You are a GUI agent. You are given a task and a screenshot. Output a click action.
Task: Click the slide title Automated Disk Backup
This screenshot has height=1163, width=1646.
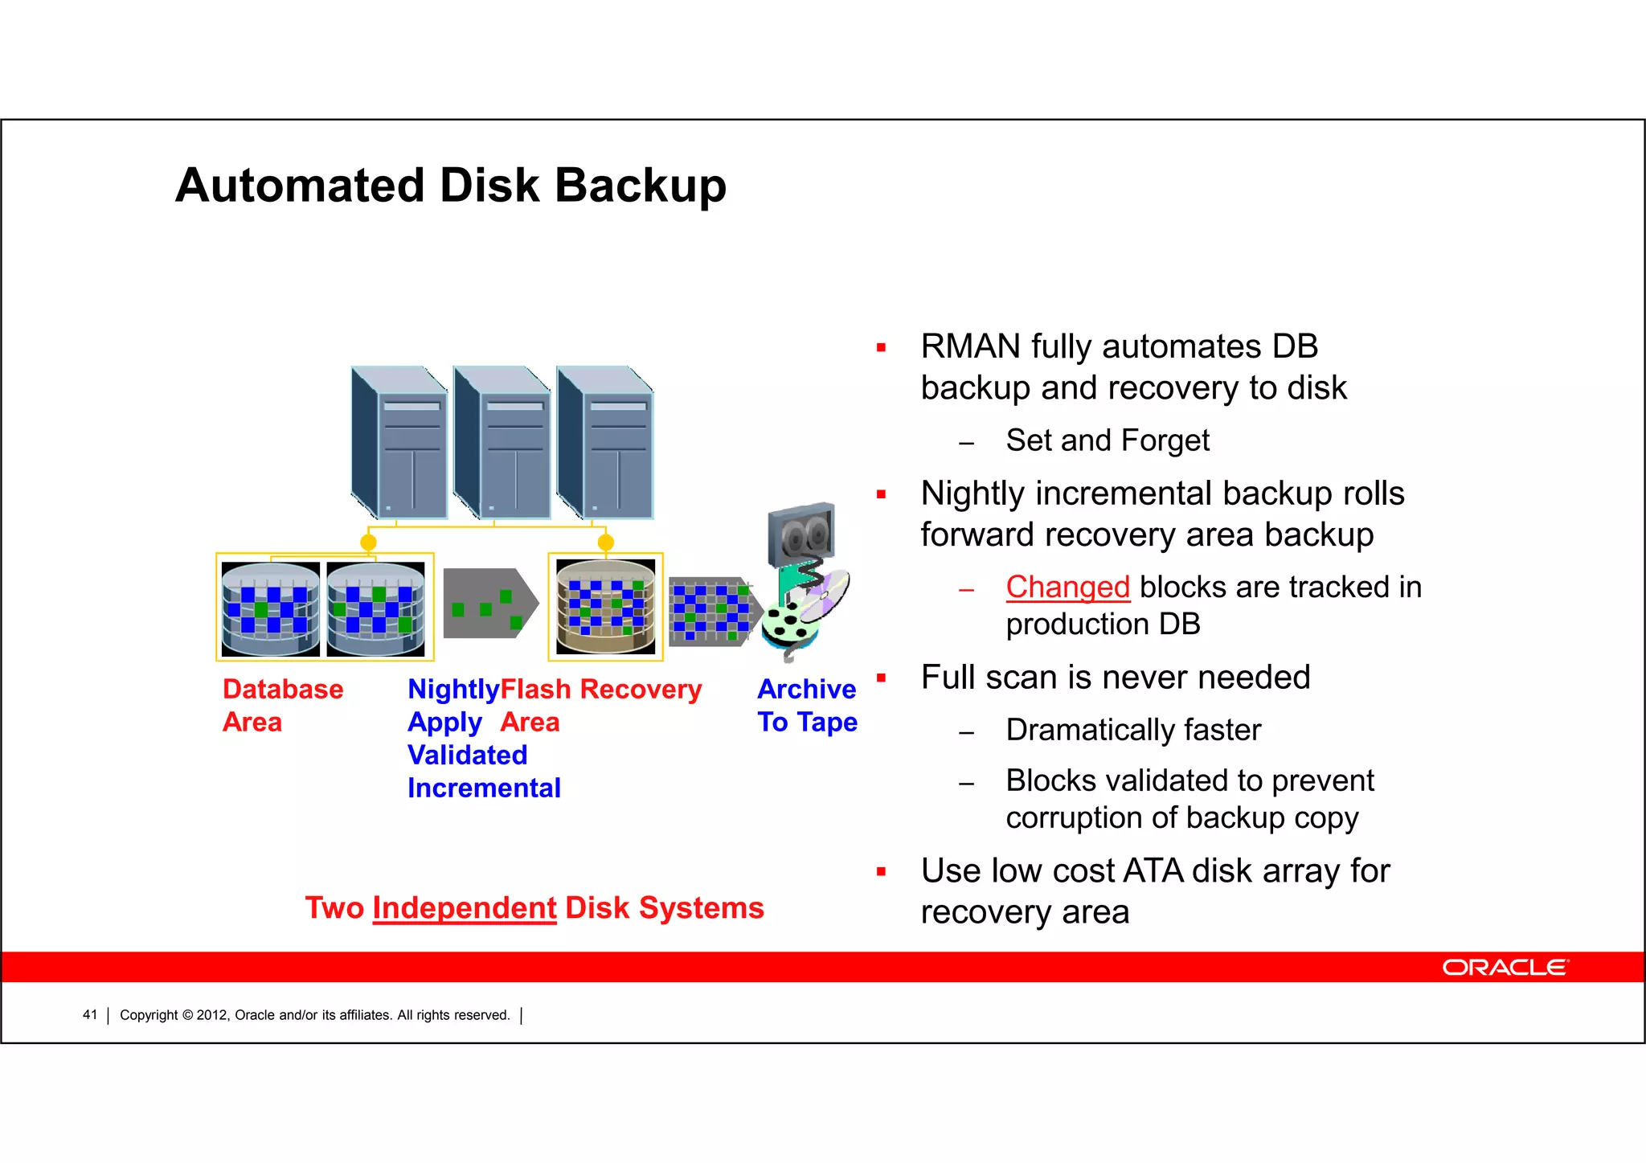click(450, 186)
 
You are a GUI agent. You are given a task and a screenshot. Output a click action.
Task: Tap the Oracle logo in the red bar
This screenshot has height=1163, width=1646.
click(1505, 967)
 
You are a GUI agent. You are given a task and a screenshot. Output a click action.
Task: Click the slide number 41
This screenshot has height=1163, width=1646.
click(89, 1015)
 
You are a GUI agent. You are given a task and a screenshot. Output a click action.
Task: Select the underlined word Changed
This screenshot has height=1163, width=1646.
click(1067, 587)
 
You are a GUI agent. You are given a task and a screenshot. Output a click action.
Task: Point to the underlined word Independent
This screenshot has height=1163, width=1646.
click(464, 908)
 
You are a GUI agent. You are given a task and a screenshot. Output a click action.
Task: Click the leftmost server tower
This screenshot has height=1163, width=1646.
click(399, 442)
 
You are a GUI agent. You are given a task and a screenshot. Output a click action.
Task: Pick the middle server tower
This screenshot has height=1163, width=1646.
click(502, 442)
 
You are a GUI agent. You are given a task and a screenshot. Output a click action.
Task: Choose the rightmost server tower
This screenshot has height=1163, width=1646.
click(605, 442)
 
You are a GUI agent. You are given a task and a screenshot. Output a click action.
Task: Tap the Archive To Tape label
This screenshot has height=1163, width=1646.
click(807, 705)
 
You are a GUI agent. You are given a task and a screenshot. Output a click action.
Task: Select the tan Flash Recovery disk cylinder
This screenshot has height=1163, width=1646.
click(605, 607)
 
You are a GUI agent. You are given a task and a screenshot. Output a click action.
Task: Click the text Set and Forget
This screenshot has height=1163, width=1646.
click(1107, 440)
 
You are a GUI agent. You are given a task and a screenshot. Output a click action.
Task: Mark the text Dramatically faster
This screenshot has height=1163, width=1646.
click(1133, 730)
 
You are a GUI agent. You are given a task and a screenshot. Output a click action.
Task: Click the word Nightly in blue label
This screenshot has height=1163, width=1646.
click(453, 690)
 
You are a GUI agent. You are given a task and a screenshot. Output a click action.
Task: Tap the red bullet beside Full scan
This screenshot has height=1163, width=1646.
click(881, 678)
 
